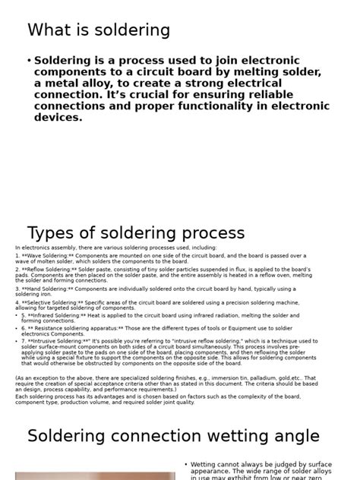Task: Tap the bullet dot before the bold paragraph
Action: click(29, 61)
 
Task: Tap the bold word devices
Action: click(58, 118)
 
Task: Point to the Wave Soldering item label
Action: click(49, 256)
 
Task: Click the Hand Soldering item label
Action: click(49, 289)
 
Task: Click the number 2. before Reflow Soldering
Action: click(17, 269)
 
